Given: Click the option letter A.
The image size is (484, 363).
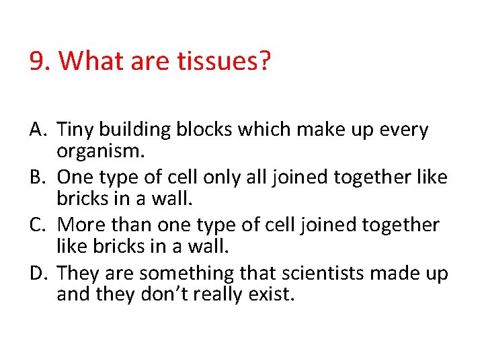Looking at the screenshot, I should pos(38,129).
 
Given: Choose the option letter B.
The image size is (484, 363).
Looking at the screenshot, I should pos(38,177).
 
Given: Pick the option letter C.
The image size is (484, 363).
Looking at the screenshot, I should pos(38,225).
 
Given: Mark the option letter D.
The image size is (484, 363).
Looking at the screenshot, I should pos(38,274).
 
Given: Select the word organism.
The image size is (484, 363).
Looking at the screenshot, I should pos(100,152).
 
